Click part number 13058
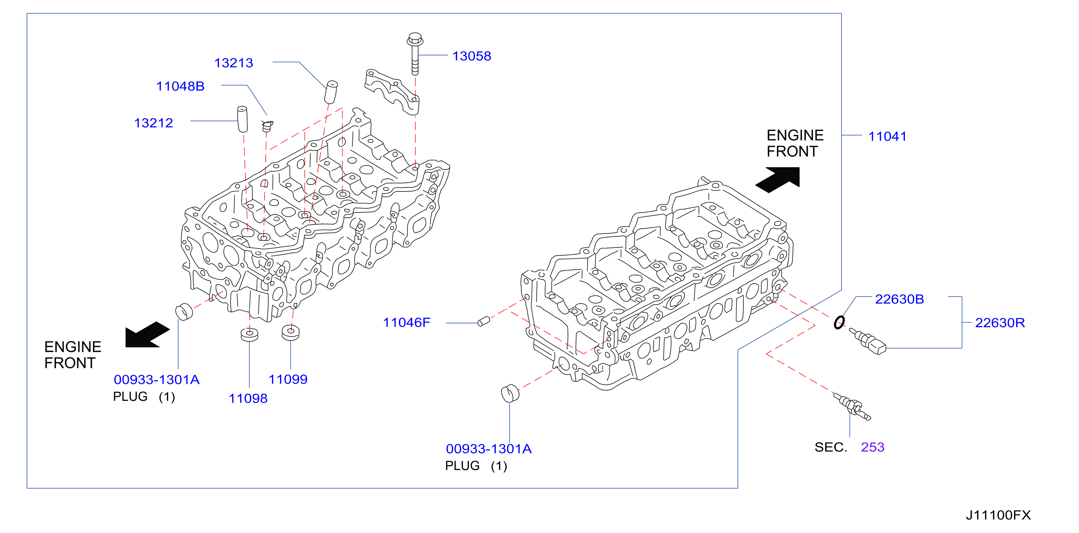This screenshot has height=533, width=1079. click(x=472, y=56)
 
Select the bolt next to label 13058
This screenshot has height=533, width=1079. click(x=415, y=54)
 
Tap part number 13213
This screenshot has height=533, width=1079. click(x=234, y=63)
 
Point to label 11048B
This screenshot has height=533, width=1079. click(x=180, y=86)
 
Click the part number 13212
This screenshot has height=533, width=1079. click(x=153, y=123)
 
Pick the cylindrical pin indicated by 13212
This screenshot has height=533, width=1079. click(x=242, y=119)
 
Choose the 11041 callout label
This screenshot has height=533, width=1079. click(x=887, y=136)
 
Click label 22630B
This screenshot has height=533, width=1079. click(x=899, y=299)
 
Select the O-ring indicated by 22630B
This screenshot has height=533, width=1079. click(x=839, y=323)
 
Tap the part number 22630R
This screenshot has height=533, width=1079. click(x=1000, y=323)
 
